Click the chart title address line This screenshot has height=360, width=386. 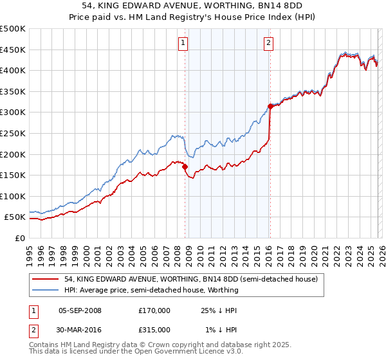tap(192, 6)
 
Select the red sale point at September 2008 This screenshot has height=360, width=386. tap(185, 167)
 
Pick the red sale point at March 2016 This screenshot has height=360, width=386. tap(270, 107)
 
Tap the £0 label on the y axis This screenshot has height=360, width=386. tap(19, 238)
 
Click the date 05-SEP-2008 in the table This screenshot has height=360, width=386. tap(80, 310)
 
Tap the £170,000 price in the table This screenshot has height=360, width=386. tap(154, 310)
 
